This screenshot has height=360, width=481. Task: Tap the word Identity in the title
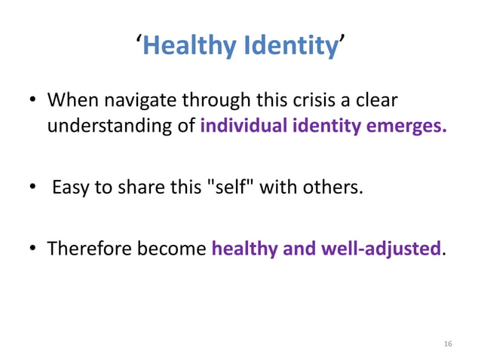[x=290, y=47]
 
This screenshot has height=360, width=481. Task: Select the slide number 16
[x=448, y=343]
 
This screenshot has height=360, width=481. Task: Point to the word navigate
[x=142, y=101]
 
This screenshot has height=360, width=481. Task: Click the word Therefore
[x=88, y=247]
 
